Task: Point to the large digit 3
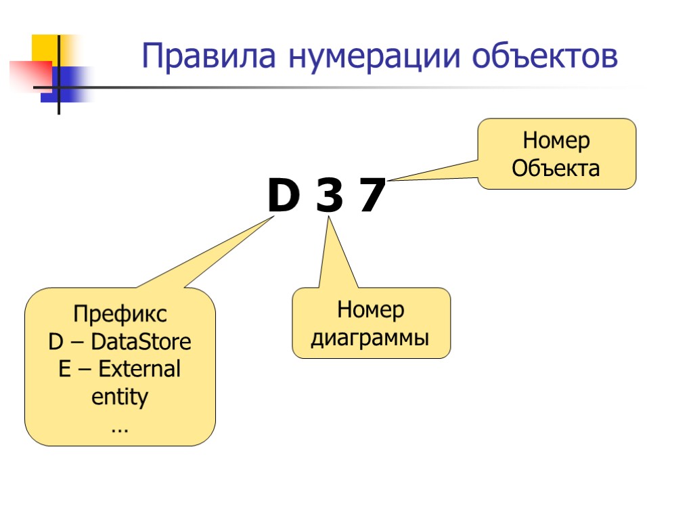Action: [x=330, y=196]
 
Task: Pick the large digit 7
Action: [x=372, y=196]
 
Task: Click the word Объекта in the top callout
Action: [x=556, y=167]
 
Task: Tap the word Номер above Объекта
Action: [x=556, y=141]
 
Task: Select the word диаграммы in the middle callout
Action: [x=370, y=337]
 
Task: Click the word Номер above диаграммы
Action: [x=371, y=310]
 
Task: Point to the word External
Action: [x=139, y=369]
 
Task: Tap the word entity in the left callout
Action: [x=120, y=397]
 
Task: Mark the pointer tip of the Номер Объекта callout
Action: [x=391, y=180]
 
